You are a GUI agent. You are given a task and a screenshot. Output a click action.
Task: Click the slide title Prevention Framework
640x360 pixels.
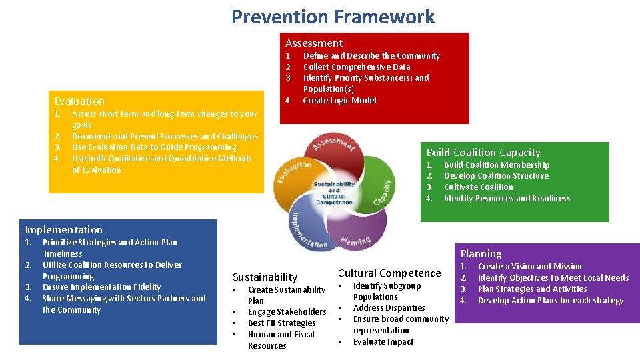click(x=333, y=17)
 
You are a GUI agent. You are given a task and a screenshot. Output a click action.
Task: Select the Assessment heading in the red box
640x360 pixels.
click(x=314, y=43)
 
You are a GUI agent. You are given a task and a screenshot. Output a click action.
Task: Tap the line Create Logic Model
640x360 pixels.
click(x=339, y=101)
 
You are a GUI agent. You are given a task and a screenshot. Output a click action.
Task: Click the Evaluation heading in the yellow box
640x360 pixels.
click(x=79, y=101)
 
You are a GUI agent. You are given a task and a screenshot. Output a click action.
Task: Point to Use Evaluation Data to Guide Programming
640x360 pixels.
click(x=154, y=147)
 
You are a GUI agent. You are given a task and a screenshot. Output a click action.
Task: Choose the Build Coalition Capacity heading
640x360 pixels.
click(x=483, y=153)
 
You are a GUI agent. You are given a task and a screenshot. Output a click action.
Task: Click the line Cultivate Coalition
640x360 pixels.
click(x=478, y=187)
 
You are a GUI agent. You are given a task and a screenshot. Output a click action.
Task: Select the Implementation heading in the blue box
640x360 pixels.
click(x=64, y=230)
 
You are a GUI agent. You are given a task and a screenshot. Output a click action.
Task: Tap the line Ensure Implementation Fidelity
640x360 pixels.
click(x=101, y=287)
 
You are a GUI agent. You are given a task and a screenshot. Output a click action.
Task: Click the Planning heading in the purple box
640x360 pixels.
click(x=481, y=254)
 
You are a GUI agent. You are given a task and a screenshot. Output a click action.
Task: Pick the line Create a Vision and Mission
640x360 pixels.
click(x=529, y=267)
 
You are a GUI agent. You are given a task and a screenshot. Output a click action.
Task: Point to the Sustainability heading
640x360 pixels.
click(x=265, y=277)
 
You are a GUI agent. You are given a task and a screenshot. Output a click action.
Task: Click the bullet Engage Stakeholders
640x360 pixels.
click(x=287, y=312)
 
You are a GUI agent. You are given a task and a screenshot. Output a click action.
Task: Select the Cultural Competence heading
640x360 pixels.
click(x=389, y=273)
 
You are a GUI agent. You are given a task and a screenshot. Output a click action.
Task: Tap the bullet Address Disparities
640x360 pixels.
click(x=389, y=308)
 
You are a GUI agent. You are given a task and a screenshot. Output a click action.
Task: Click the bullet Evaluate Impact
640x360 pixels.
click(x=383, y=342)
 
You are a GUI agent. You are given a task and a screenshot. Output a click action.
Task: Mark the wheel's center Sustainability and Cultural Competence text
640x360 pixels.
click(x=334, y=193)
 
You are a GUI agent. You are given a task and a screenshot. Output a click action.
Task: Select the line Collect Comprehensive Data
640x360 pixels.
click(x=357, y=67)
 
